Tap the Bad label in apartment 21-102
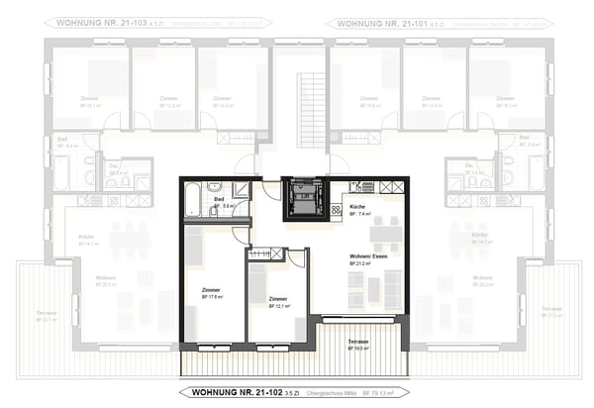point(219,199)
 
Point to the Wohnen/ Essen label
point(365,257)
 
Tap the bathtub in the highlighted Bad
point(192,202)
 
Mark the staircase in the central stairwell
point(312,109)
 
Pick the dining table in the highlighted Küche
point(383,236)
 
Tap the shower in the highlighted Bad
point(241,191)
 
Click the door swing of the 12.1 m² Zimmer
point(296,257)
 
